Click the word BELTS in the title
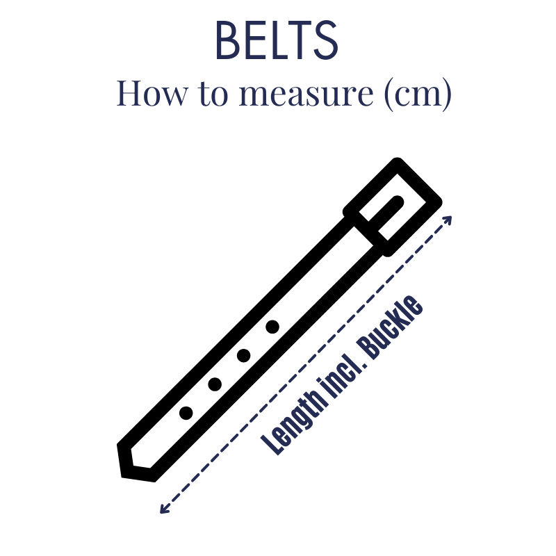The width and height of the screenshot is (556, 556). [277, 40]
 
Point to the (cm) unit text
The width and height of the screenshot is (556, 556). [418, 94]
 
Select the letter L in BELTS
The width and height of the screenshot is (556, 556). [277, 40]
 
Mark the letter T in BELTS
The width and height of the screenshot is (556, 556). [300, 40]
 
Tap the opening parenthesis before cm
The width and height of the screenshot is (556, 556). [389, 95]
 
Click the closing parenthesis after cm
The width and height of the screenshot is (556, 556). [446, 95]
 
